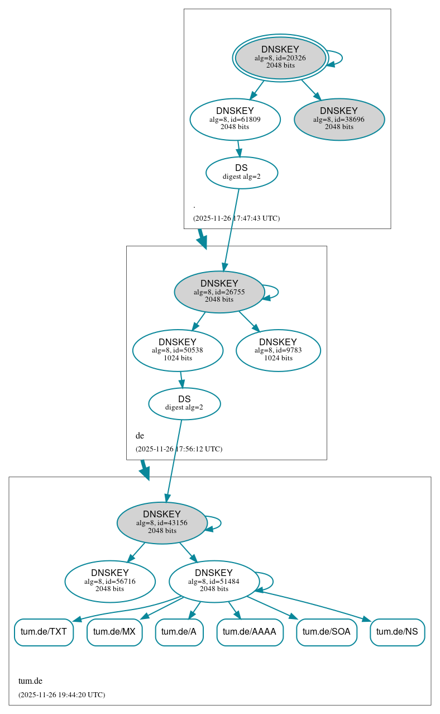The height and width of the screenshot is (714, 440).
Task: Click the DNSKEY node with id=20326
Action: (280, 58)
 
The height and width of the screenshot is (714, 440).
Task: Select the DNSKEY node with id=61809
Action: (235, 118)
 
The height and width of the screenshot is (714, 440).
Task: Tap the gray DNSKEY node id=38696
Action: (339, 119)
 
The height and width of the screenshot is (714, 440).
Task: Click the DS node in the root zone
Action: (241, 172)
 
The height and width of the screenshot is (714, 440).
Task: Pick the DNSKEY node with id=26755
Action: (219, 292)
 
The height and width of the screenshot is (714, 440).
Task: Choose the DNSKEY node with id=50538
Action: (178, 350)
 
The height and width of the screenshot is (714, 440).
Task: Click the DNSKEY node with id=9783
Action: (278, 350)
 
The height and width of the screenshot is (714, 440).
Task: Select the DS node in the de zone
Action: (184, 403)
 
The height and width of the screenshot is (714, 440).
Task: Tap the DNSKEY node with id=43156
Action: (162, 522)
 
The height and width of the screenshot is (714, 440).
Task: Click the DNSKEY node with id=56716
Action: (110, 581)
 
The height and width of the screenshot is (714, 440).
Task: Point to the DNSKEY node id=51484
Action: (214, 581)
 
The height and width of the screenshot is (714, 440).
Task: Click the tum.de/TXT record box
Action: (44, 632)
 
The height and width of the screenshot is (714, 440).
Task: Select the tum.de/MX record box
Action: (114, 632)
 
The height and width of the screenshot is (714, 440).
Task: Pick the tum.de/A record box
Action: (179, 632)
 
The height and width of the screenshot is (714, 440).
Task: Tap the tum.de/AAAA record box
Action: (250, 632)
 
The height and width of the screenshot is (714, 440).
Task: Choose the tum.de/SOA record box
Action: (327, 632)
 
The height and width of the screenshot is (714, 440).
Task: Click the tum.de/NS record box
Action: (397, 632)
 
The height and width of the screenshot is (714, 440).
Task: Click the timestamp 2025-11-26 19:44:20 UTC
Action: (61, 695)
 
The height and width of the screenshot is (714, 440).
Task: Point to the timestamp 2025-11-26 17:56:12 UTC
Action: (179, 449)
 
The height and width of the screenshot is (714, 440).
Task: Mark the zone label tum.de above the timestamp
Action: (31, 681)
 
